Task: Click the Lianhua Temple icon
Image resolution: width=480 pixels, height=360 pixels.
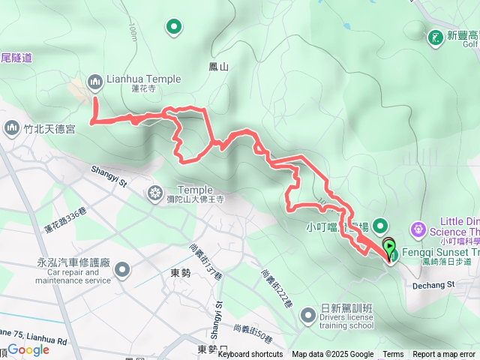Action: pos(95,80)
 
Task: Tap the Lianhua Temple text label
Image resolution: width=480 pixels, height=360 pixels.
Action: pos(143,79)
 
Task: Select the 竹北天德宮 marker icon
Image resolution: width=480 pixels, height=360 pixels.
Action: pos(10,129)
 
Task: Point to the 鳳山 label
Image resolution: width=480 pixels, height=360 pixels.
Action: pos(218,67)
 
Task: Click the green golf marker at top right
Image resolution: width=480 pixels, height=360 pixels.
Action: pos(435,36)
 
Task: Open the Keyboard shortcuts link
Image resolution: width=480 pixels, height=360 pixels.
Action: pos(250,355)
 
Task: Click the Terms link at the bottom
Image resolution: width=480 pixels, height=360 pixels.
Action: pos(393,355)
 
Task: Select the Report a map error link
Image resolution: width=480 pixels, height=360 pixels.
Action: pos(444,355)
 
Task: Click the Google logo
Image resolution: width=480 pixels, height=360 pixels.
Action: pos(28,349)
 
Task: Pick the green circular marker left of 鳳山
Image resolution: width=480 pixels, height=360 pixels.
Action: pos(174,28)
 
